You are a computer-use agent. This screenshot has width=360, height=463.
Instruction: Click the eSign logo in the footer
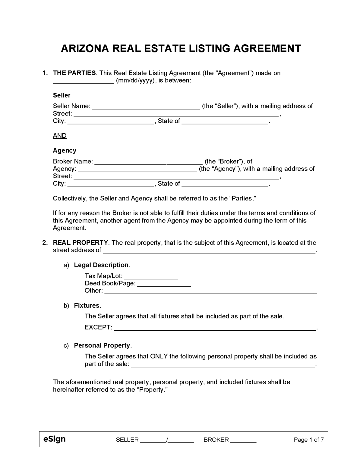54,439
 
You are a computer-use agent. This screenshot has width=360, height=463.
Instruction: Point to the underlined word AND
60,136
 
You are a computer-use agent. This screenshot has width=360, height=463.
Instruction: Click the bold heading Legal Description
101,265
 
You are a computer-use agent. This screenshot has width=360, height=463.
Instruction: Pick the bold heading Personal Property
102,345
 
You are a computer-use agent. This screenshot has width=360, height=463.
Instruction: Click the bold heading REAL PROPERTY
80,243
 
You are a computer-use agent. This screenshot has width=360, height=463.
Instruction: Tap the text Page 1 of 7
308,440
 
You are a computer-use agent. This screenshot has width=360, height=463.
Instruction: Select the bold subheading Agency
65,150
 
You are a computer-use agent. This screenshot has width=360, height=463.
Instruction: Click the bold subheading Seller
62,95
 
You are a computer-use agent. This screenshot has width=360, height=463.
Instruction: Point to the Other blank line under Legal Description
210,291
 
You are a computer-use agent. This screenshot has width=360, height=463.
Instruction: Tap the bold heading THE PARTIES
74,73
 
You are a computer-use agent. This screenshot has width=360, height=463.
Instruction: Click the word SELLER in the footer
127,440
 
